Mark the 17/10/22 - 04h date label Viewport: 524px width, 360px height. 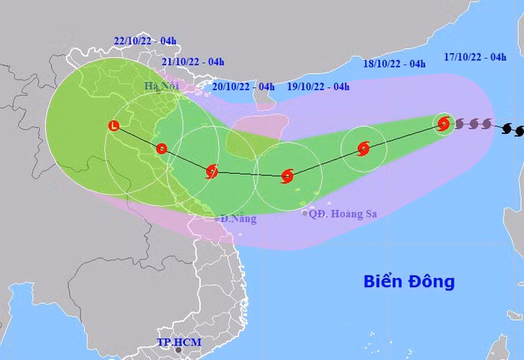pos(475,57)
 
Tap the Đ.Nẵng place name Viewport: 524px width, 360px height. pos(237,218)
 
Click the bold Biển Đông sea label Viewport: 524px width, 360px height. pos(408,281)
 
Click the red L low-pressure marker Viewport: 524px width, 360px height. pos(114,125)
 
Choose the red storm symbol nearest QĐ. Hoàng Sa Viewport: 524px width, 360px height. pos(287,176)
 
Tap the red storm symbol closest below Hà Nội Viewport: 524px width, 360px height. pos(161,149)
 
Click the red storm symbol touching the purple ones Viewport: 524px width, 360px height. pos(444,123)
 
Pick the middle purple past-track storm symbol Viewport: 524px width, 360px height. pos(473,123)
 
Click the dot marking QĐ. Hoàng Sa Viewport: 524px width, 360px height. pos(305,214)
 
